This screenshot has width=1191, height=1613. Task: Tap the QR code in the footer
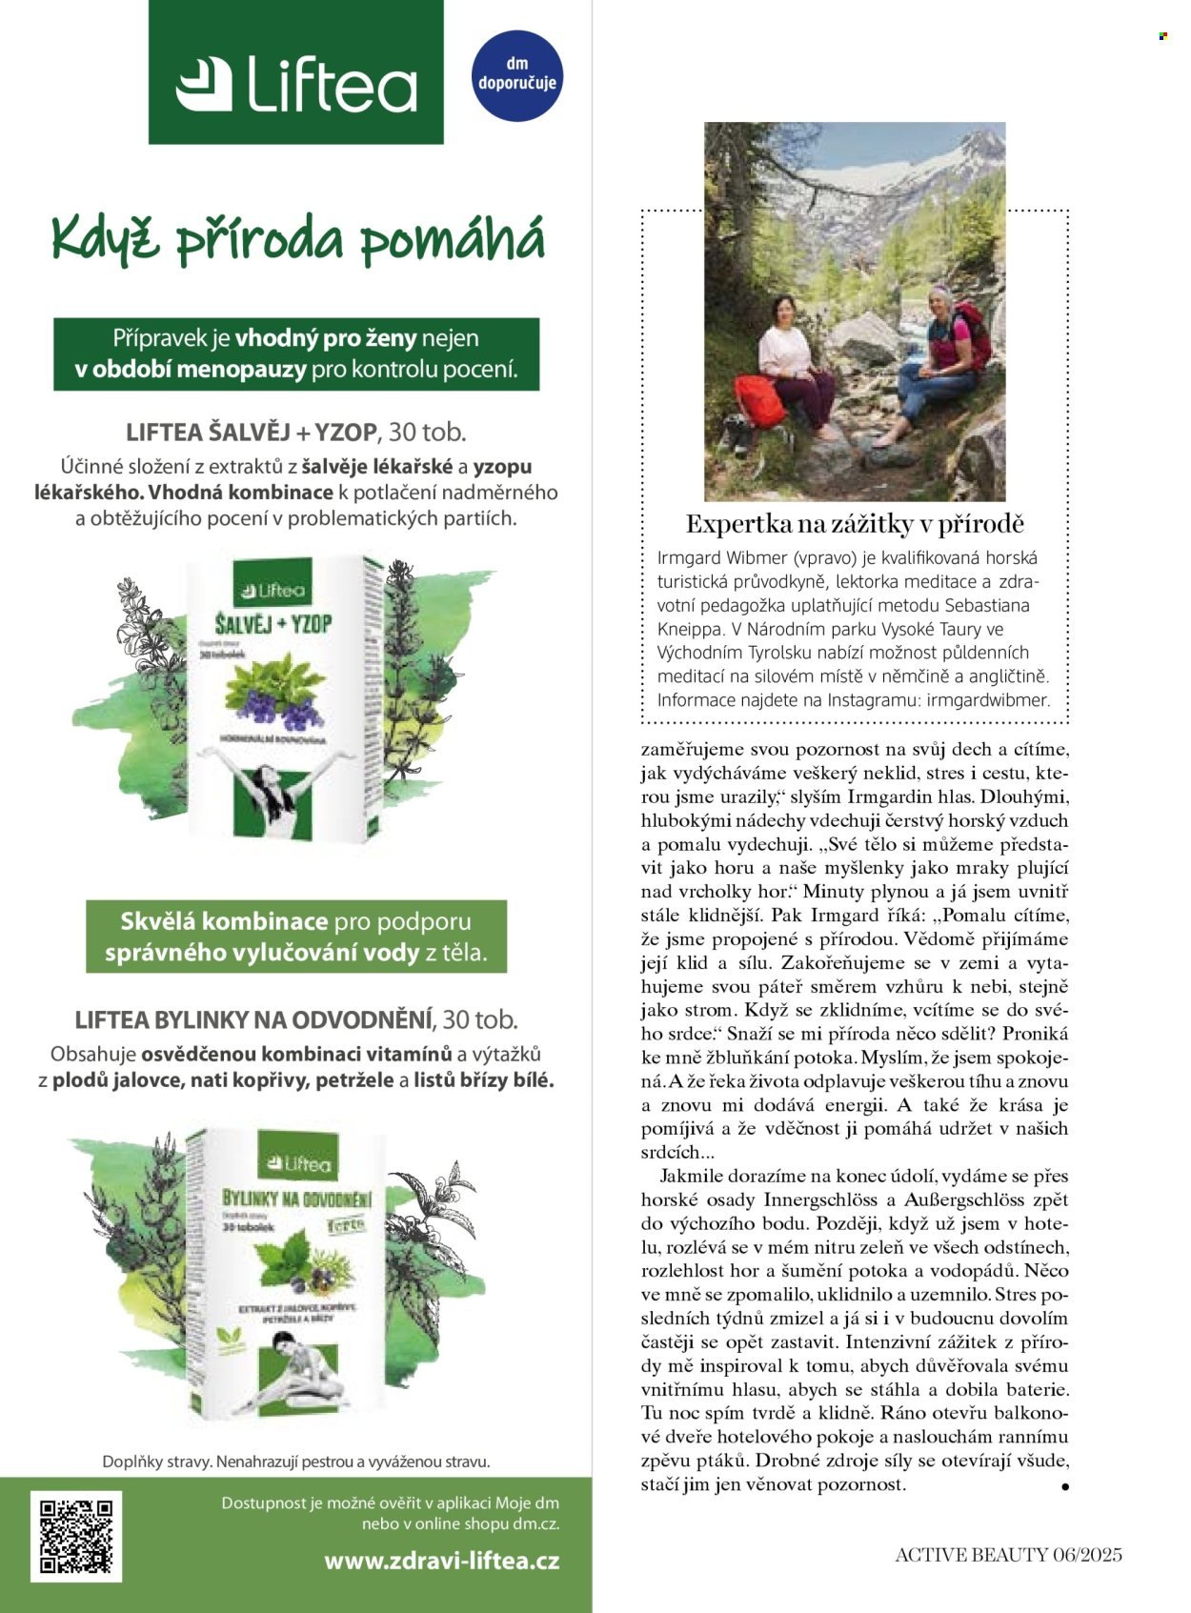76,1535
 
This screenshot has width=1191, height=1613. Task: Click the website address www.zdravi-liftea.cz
441,1561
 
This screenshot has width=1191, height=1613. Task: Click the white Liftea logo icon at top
204,84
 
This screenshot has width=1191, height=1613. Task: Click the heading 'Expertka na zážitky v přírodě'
855,524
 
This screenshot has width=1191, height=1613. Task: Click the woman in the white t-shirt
793,362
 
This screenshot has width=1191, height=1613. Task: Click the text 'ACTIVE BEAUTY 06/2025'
1008,1555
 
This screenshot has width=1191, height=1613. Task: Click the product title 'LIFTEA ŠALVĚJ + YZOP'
252,433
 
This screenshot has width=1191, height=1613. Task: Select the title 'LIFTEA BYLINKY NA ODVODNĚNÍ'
252,1019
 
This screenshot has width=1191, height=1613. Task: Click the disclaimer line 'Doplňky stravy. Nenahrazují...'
295,1461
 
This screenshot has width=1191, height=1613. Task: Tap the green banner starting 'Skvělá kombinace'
296,937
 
